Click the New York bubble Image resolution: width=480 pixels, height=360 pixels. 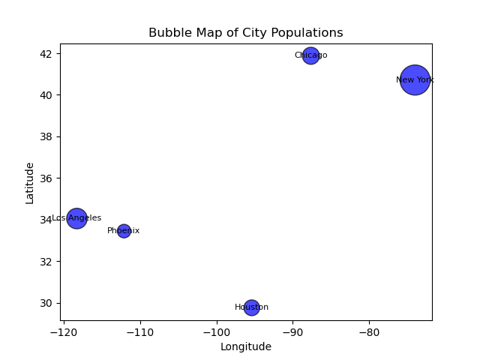coord(415,79)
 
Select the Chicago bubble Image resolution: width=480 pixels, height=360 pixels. coord(310,55)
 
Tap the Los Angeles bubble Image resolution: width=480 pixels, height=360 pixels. coord(76,218)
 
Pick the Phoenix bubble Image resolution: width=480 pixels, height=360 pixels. coord(124,231)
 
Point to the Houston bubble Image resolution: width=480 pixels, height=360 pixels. coord(251,307)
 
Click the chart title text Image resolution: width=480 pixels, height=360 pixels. coord(245,33)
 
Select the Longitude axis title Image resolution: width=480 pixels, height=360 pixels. coord(245,346)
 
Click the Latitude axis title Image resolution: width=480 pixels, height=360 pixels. coord(30,182)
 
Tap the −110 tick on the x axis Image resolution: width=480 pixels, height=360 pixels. coord(140,331)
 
